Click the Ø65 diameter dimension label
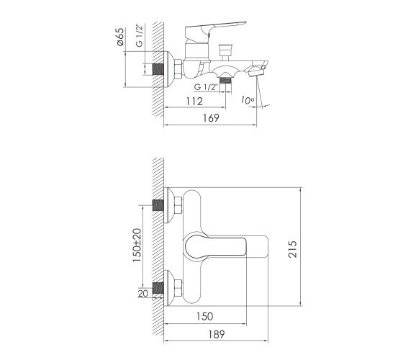point(120,37)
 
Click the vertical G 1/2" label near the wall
point(139,35)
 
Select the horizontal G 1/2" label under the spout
point(206,87)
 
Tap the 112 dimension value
point(194,102)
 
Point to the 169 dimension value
point(211,118)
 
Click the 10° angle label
point(248,100)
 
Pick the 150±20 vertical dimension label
point(137,245)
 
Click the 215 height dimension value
point(292,249)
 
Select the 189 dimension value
point(217,334)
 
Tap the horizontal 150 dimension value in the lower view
point(205,316)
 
